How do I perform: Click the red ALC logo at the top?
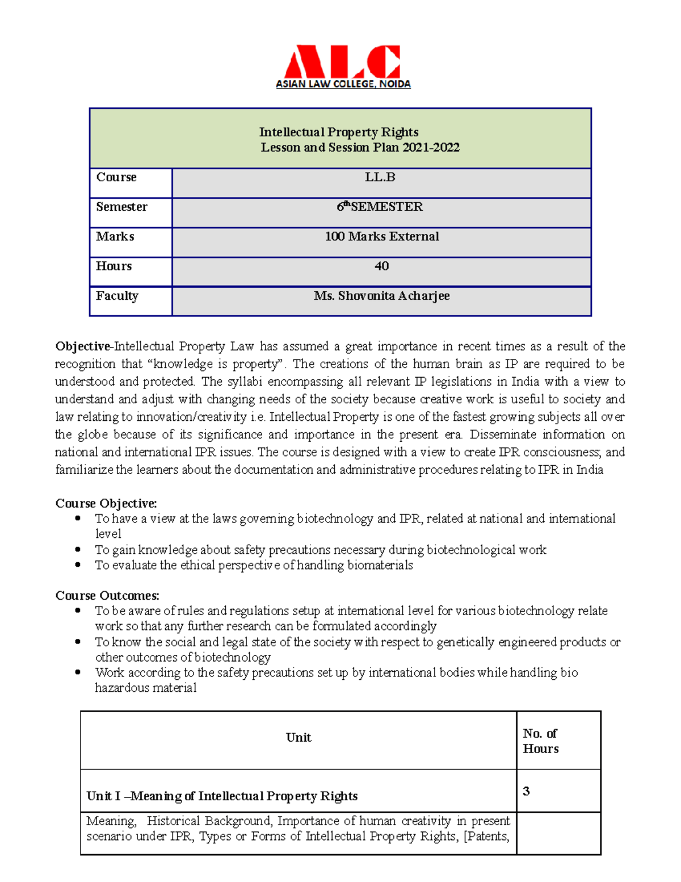(342, 62)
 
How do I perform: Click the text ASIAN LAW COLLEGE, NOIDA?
(343, 84)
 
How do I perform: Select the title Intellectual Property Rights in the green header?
(339, 132)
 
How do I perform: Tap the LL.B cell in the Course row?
(380, 177)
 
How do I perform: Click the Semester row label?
(121, 207)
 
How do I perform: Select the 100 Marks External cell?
(381, 236)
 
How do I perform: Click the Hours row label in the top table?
(113, 266)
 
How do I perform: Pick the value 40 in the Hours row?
(381, 266)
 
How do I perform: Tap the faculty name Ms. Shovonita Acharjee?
(381, 296)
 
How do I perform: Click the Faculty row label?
(117, 296)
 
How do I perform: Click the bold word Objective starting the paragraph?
(82, 346)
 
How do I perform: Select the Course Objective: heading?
(106, 503)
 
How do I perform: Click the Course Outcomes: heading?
(107, 595)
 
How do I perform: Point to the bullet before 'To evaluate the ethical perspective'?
(78, 565)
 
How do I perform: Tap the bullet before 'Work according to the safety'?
(78, 672)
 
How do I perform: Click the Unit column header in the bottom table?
(299, 737)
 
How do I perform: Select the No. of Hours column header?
(540, 741)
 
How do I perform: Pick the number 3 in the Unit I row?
(526, 791)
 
